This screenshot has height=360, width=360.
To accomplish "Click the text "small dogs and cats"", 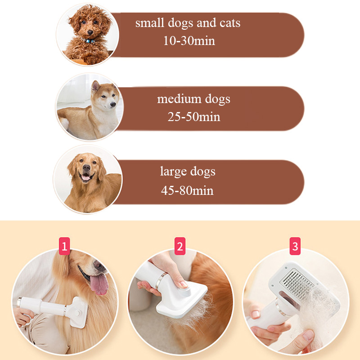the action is [x=188, y=23].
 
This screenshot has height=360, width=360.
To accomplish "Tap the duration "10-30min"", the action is [x=189, y=40].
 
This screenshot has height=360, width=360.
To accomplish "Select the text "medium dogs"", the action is [x=193, y=99].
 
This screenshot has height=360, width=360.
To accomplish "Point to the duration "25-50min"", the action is [x=194, y=117].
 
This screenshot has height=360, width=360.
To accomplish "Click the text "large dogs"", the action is [x=188, y=171].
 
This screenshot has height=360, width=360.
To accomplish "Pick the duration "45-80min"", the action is [x=187, y=190].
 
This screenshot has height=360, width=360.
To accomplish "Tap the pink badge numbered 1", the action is [x=64, y=246].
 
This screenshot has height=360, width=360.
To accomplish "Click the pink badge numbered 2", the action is [x=180, y=246].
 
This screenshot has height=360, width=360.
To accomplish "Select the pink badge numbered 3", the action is [x=295, y=246].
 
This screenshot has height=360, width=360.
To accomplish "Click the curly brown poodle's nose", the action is [x=90, y=32].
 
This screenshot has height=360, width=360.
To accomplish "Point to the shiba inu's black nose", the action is [x=113, y=104].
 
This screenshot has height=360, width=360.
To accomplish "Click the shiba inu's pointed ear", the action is [x=95, y=86].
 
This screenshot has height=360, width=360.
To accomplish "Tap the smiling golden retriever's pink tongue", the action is [x=86, y=178].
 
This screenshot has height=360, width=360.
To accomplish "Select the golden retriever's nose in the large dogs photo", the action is [x=86, y=168].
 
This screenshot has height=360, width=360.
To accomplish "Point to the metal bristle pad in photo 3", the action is [x=297, y=285].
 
